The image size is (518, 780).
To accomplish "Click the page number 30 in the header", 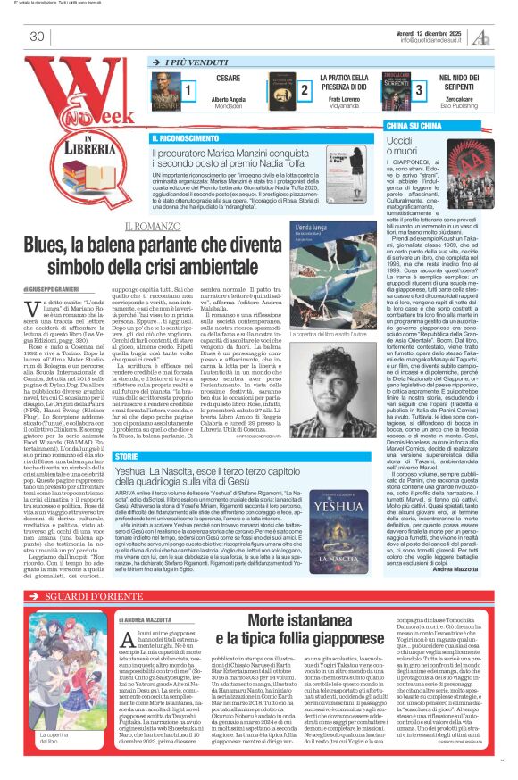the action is (37, 37).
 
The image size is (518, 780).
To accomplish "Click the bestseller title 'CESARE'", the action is (228, 79).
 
